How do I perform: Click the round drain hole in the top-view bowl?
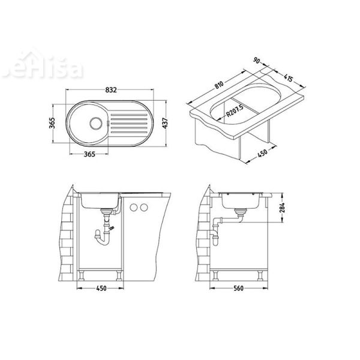[94, 122]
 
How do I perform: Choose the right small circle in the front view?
[145, 208]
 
